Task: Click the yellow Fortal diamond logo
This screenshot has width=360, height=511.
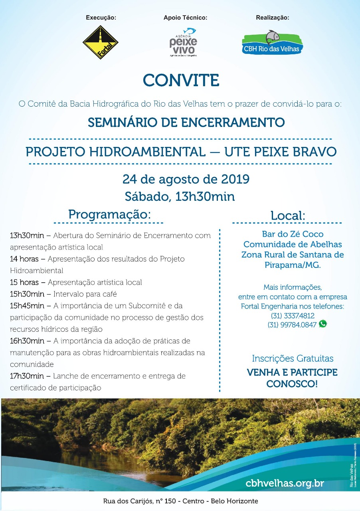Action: click(100, 43)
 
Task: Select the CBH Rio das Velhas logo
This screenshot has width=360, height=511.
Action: click(273, 42)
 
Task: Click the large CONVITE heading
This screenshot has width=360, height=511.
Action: click(181, 80)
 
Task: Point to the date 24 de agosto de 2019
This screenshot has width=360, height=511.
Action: click(186, 179)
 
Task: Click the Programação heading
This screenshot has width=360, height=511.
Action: click(109, 214)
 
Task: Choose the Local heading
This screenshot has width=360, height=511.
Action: click(287, 216)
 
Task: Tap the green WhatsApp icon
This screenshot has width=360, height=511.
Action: click(323, 324)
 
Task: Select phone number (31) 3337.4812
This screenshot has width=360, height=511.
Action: click(292, 315)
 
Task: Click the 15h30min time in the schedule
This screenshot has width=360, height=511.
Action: click(27, 294)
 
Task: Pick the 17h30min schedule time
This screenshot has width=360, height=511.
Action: click(27, 376)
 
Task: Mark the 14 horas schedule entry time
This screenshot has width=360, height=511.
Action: click(24, 259)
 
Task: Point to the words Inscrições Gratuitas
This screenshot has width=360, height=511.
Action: click(293, 358)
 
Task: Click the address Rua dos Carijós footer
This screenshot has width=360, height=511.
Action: click(180, 501)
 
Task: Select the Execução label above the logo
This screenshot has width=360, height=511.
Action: click(101, 18)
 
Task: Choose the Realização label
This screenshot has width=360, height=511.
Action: click(272, 18)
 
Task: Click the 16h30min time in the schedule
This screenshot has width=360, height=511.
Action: click(27, 341)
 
